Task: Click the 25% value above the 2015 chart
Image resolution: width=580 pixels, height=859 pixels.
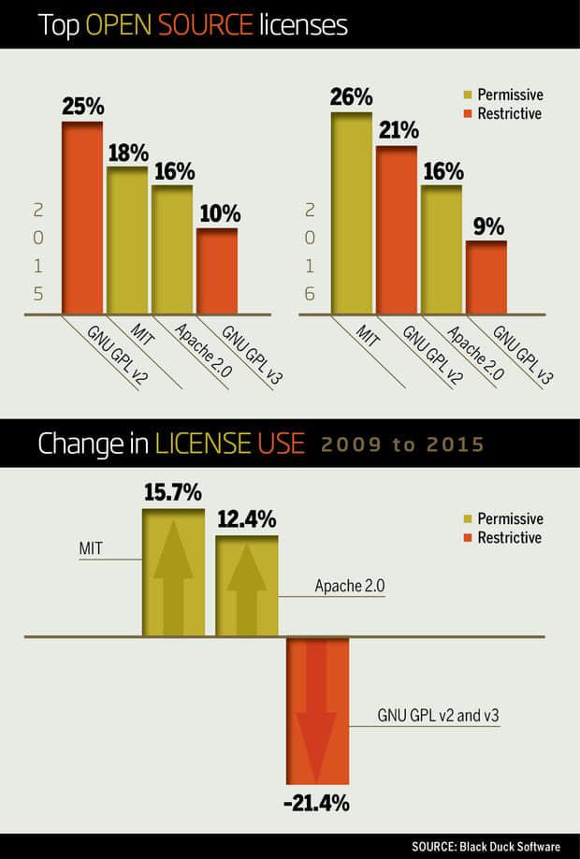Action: (82, 106)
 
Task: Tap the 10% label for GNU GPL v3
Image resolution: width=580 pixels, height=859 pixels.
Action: (217, 213)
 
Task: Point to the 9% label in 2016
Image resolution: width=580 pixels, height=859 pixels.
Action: (486, 226)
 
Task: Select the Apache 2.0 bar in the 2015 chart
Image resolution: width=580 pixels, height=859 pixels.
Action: (172, 249)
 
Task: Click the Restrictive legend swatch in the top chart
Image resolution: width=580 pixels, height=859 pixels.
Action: (469, 114)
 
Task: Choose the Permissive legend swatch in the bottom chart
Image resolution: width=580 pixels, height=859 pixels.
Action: (469, 518)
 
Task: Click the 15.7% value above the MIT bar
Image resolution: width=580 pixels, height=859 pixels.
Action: (173, 492)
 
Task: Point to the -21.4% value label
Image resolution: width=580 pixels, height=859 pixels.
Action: (318, 802)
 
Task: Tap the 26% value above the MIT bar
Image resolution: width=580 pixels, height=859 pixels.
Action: (351, 96)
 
